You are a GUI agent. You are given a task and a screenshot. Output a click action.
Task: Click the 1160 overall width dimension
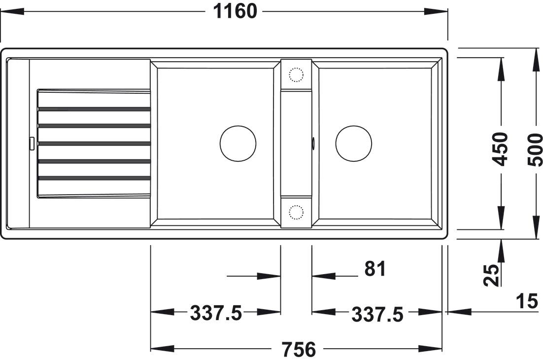pyautogui.click(x=236, y=11)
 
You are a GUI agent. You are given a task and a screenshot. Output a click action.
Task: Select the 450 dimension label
pyautogui.click(x=501, y=149)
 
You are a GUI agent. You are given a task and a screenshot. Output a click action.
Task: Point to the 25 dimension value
pyautogui.click(x=491, y=275)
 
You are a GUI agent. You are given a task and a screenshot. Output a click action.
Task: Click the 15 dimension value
pyautogui.click(x=527, y=301)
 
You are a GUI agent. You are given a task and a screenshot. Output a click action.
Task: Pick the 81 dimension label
pyautogui.click(x=375, y=269)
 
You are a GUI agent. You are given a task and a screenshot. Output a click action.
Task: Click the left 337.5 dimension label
pyautogui.click(x=216, y=313)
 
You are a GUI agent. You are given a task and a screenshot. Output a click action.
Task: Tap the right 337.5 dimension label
pyautogui.click(x=377, y=314)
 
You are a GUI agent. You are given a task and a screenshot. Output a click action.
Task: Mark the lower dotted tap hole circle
pyautogui.click(x=296, y=213)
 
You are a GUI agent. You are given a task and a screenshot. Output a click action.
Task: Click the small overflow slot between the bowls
pyautogui.click(x=313, y=144)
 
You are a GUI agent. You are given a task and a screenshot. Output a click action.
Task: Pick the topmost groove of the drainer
pyautogui.click(x=94, y=91)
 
